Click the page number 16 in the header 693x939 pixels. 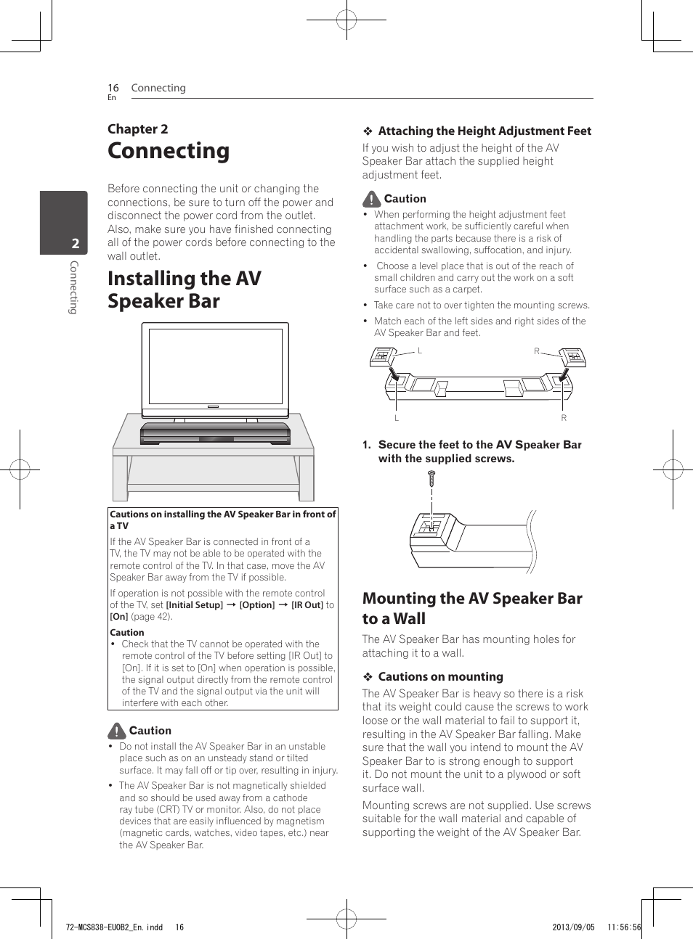click(x=113, y=88)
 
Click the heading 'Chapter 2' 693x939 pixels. click(x=138, y=129)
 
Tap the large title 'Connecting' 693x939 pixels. click(x=169, y=151)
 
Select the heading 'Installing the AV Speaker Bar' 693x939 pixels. click(x=185, y=290)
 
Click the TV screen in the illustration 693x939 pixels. click(x=215, y=366)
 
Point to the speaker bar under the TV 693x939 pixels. click(x=215, y=433)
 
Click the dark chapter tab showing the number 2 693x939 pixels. click(x=64, y=223)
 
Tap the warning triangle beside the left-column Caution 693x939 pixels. click(x=117, y=731)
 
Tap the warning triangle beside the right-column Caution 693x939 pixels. click(x=371, y=199)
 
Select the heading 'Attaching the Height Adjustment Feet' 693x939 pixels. click(x=485, y=131)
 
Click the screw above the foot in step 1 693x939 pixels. click(x=431, y=478)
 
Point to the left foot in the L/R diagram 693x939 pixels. click(x=383, y=356)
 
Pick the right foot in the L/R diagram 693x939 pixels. click(x=572, y=356)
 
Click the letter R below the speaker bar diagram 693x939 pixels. click(x=564, y=418)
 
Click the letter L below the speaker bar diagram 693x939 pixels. click(x=397, y=418)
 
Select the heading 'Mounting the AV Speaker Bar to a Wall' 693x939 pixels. click(x=472, y=608)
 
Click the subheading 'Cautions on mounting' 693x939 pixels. click(x=440, y=676)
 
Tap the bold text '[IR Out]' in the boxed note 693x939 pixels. click(x=307, y=604)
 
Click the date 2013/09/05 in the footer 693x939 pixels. click(x=573, y=927)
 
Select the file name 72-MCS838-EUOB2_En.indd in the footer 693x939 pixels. click(x=114, y=927)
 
